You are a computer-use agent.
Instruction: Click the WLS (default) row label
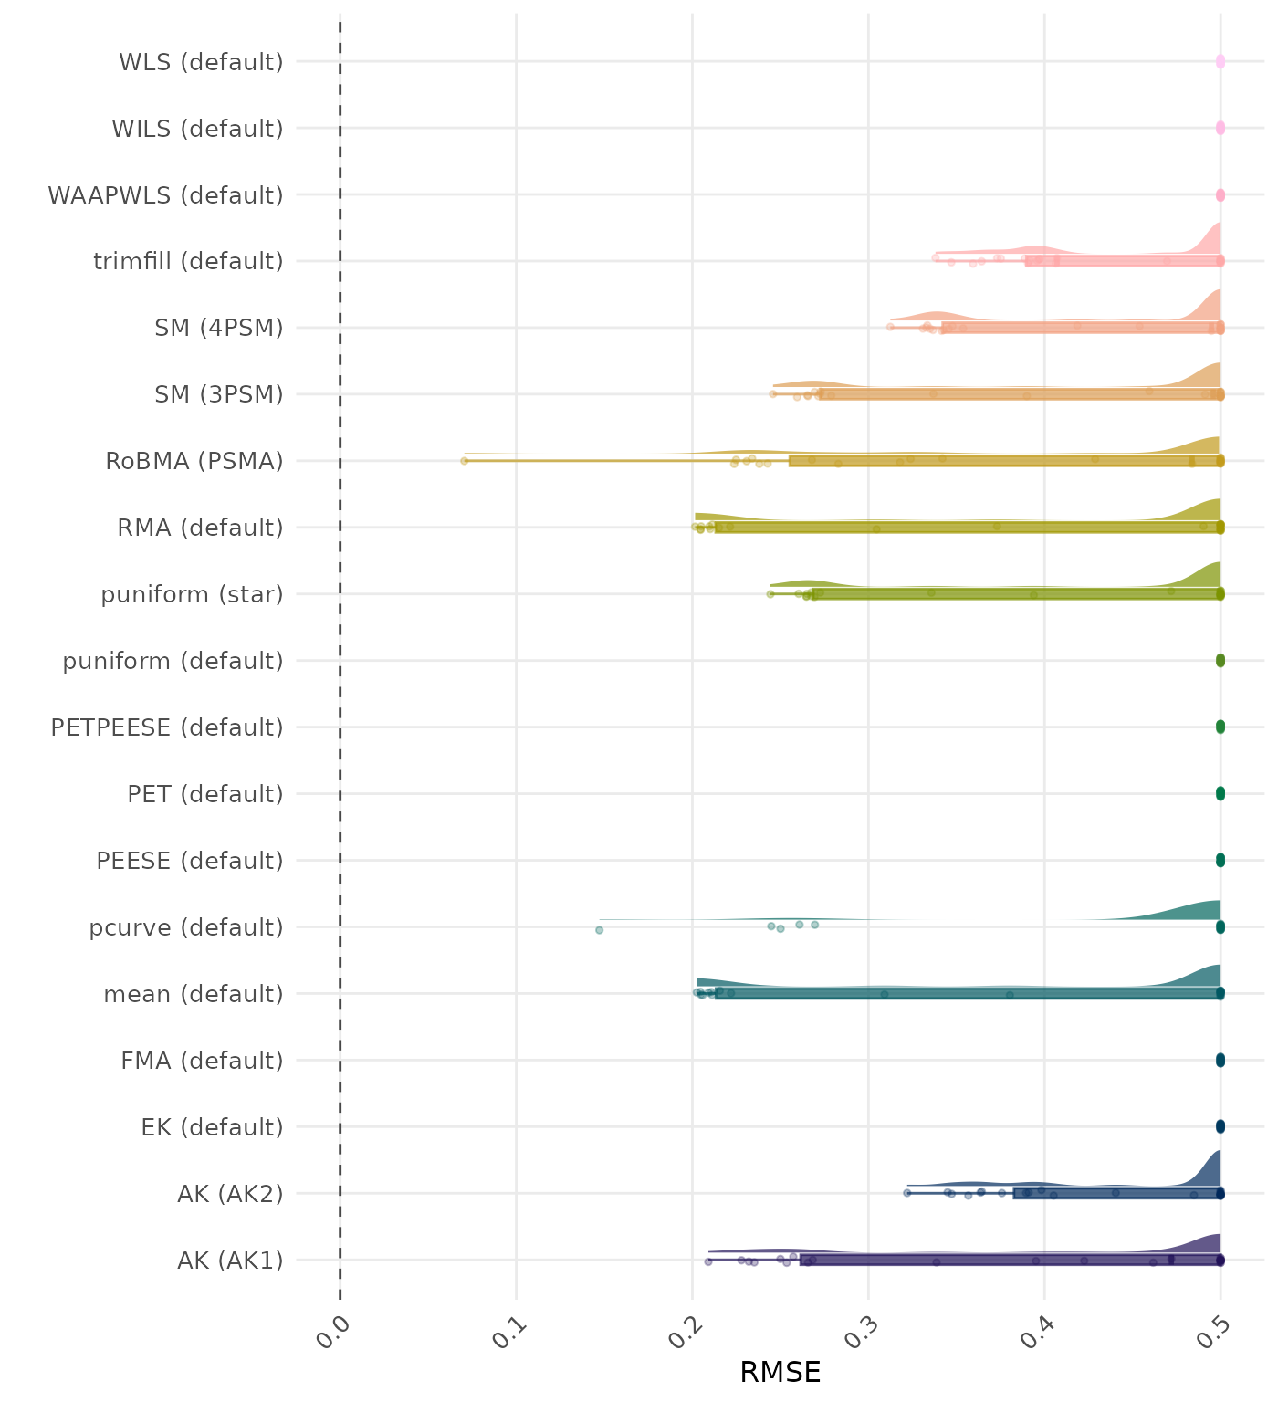pyautogui.click(x=201, y=62)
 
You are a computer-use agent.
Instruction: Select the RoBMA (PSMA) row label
pyautogui.click(x=194, y=461)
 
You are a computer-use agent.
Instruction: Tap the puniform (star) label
pyautogui.click(x=192, y=594)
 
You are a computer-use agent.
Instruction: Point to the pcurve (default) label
pyautogui.click(x=186, y=927)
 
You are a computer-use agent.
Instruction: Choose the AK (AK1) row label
pyautogui.click(x=230, y=1261)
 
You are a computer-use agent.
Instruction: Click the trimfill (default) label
pyautogui.click(x=188, y=262)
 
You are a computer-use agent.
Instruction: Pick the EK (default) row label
pyautogui.click(x=212, y=1127)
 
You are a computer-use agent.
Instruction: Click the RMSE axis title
pyautogui.click(x=780, y=1372)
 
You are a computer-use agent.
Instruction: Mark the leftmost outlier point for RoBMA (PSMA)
pyautogui.click(x=464, y=461)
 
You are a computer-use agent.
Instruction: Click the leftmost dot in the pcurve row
pyautogui.click(x=599, y=930)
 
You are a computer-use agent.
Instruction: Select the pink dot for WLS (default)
pyautogui.click(x=1220, y=62)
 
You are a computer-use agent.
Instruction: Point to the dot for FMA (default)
pyautogui.click(x=1220, y=1061)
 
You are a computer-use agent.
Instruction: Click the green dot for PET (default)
pyautogui.click(x=1220, y=794)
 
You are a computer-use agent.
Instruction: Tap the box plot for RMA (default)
pyautogui.click(x=968, y=528)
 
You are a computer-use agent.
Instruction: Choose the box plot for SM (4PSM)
pyautogui.click(x=1081, y=328)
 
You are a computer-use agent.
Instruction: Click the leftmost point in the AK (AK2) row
pyautogui.click(x=906, y=1193)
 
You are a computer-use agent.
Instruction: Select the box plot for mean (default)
pyautogui.click(x=968, y=994)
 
